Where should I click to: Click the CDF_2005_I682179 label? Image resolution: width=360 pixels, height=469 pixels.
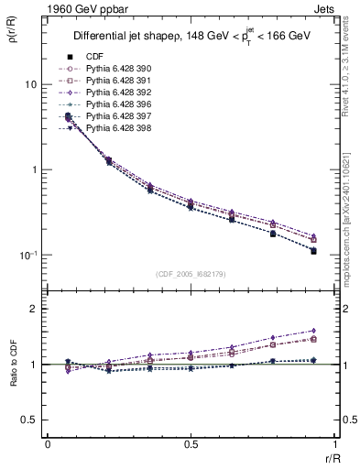tap(191, 274)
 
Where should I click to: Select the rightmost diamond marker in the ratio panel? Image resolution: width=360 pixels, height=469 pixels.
tap(313, 331)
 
